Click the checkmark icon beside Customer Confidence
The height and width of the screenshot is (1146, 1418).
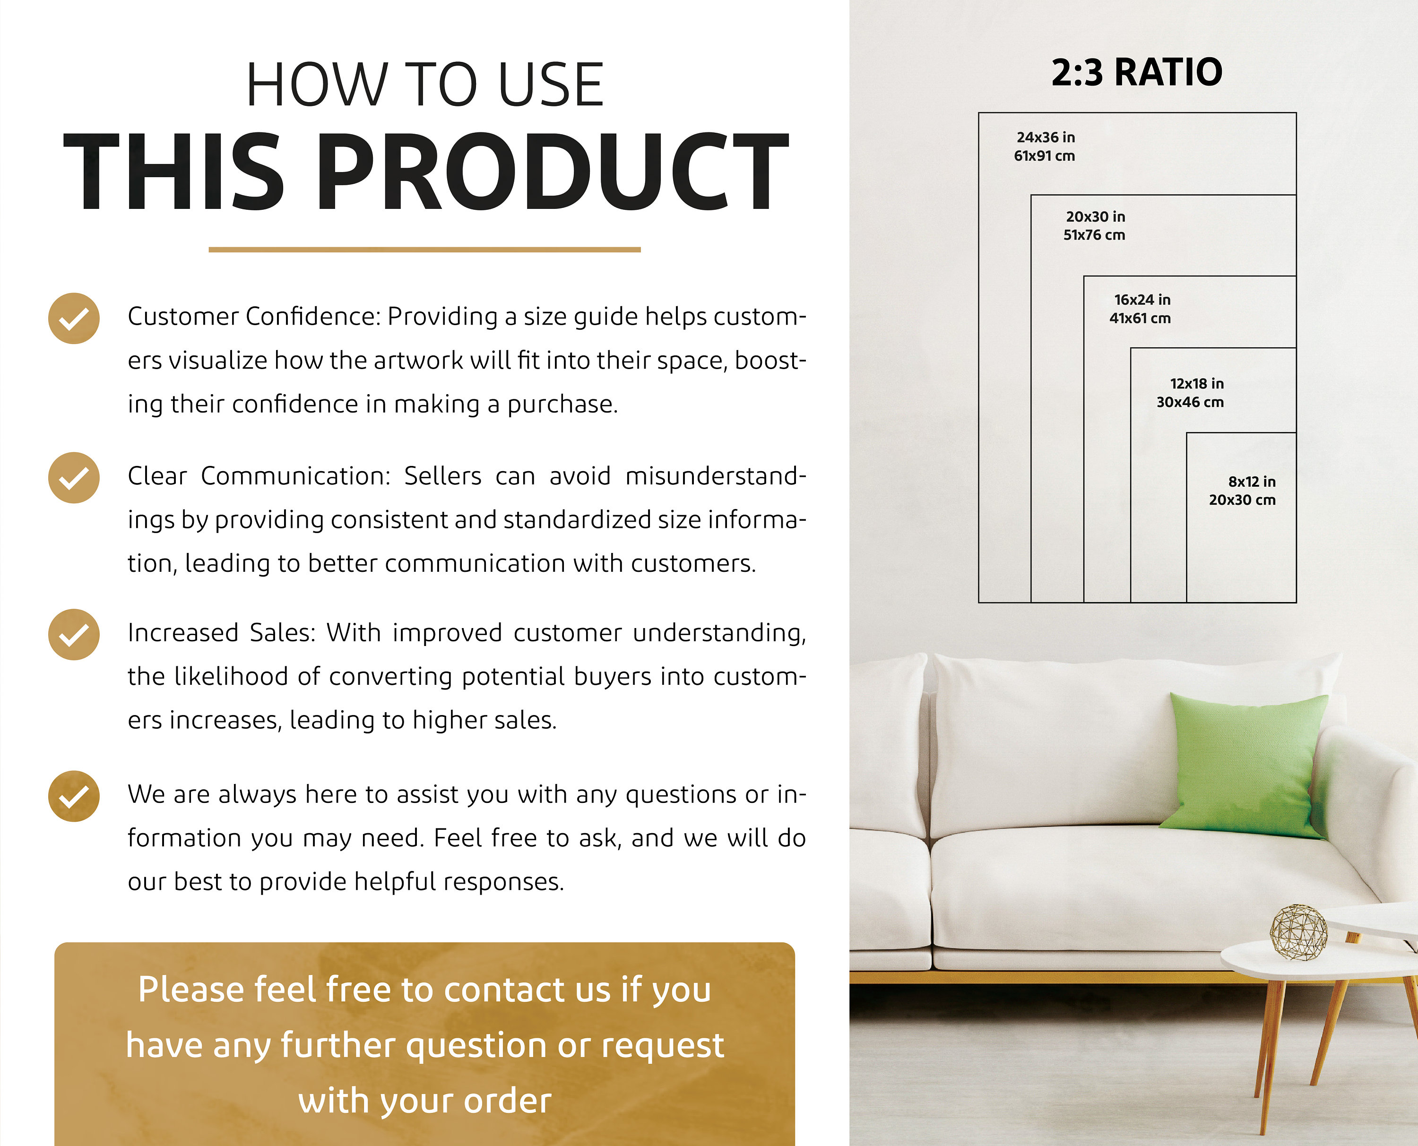coord(74,318)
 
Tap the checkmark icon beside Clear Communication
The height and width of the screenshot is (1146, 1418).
coord(74,477)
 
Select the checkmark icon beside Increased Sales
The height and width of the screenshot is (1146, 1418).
coord(74,634)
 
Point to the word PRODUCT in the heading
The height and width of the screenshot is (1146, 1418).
coord(553,172)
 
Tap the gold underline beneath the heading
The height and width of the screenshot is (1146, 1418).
coord(424,250)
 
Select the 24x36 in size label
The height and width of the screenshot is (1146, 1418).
coord(1046,138)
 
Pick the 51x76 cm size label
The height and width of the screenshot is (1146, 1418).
coord(1094,235)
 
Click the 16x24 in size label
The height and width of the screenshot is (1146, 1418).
coord(1142,300)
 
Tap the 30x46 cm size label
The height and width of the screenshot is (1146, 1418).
coord(1190,402)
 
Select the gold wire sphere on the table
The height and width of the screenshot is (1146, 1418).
coord(1298,931)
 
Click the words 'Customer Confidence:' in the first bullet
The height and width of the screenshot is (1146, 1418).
coord(254,317)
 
